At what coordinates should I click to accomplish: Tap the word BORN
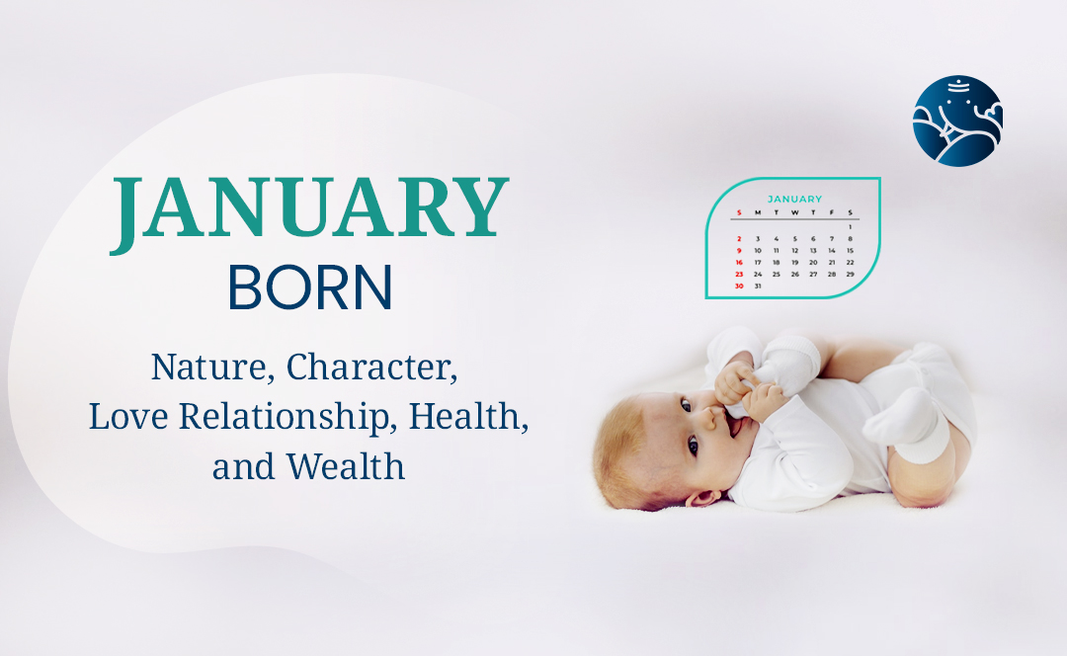tap(310, 287)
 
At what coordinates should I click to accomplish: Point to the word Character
tap(371, 368)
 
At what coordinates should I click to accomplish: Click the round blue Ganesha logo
tap(957, 122)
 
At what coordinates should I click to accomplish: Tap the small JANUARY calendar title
tap(794, 200)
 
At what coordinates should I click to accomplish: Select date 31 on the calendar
tap(758, 286)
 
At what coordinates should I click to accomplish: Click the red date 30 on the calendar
tap(739, 286)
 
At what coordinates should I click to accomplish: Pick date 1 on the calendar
tap(850, 227)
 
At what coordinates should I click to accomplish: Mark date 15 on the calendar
tap(850, 250)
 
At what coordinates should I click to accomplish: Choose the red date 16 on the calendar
tap(739, 262)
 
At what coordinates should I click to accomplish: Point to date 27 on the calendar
tap(813, 275)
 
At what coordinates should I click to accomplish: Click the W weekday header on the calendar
tap(794, 213)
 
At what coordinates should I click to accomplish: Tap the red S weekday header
tap(739, 213)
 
